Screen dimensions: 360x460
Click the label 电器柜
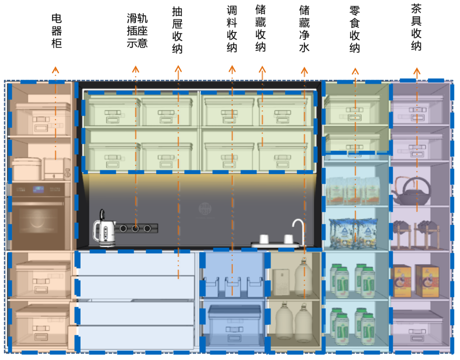tap(57, 31)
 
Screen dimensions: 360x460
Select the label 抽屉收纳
tap(178, 30)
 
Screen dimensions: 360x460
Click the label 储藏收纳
tap(261, 29)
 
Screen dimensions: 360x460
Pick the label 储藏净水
tap(304, 29)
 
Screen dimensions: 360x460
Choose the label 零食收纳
tap(355, 30)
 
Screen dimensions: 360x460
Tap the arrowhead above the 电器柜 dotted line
tap(55, 69)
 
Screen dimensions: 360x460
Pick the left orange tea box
tap(402, 281)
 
